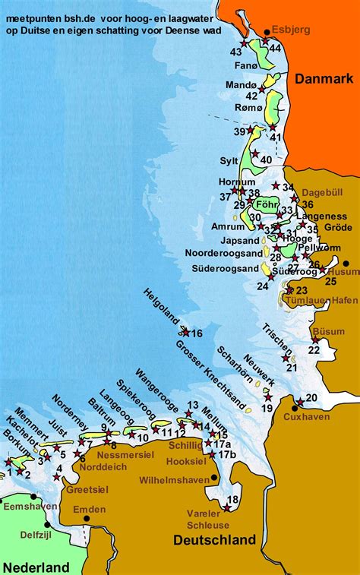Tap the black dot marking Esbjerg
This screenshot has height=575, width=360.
[267, 33]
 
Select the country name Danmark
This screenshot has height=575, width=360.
[324, 79]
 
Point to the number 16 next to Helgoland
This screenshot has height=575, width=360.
[196, 333]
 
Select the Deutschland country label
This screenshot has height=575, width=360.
[214, 540]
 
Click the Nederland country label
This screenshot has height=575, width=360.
[36, 567]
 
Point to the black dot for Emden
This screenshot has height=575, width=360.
[87, 519]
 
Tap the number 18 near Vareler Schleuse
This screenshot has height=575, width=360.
[232, 499]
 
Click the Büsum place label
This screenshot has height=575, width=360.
[328, 331]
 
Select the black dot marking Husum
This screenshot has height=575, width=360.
[346, 263]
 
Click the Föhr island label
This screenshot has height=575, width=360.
[265, 205]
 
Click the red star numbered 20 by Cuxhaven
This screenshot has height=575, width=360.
[300, 402]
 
